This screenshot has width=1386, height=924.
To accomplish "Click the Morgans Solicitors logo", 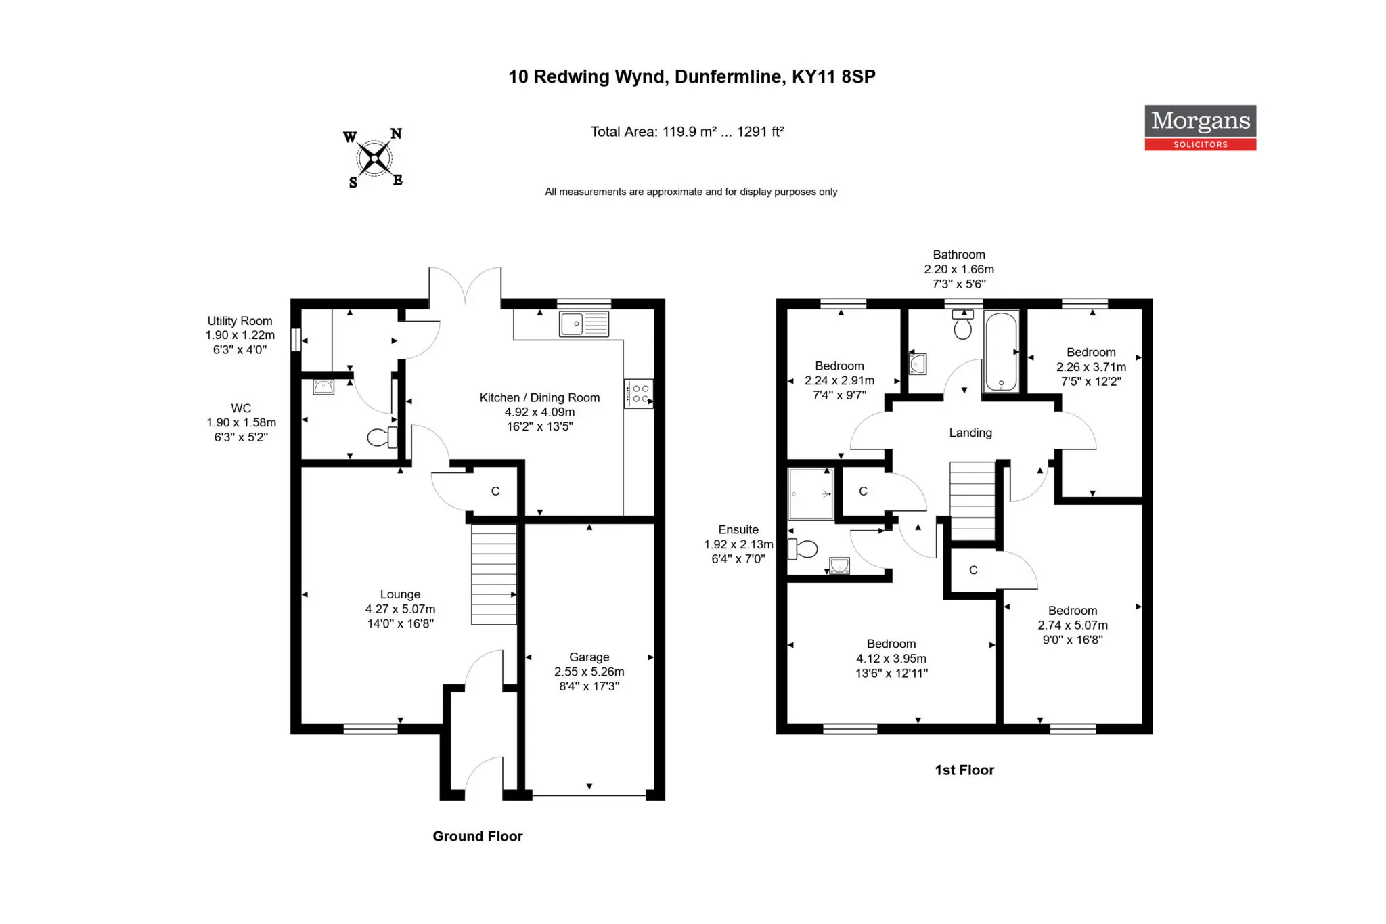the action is (1200, 127).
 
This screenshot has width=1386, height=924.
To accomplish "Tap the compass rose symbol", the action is (374, 158).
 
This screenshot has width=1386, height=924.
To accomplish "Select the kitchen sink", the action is (583, 324).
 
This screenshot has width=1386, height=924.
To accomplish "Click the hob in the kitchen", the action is (639, 393).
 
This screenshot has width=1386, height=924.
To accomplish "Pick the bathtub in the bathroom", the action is (1001, 351).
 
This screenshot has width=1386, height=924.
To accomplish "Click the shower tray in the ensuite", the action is (811, 493).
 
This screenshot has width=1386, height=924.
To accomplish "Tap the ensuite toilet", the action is (803, 549).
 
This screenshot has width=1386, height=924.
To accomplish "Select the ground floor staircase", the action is (494, 575).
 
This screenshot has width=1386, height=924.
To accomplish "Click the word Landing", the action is (970, 433).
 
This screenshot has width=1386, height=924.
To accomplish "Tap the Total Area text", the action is (687, 131).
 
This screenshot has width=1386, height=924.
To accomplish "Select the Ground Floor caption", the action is (478, 836).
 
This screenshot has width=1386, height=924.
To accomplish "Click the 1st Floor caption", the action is (964, 770).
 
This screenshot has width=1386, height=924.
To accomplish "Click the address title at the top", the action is (692, 76).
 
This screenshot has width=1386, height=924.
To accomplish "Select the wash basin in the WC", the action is (323, 387).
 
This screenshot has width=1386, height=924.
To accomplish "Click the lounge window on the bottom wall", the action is (371, 729).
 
